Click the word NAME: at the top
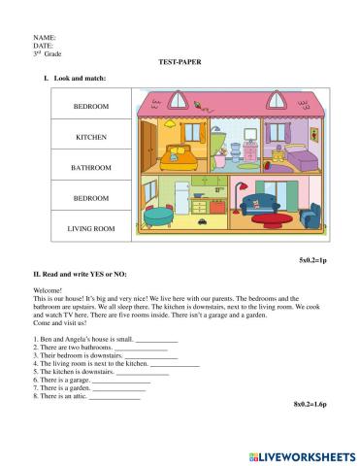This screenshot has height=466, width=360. pyautogui.click(x=45, y=37)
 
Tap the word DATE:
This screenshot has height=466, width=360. pyautogui.click(x=44, y=45)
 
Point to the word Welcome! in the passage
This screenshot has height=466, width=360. pyautogui.click(x=48, y=289)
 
